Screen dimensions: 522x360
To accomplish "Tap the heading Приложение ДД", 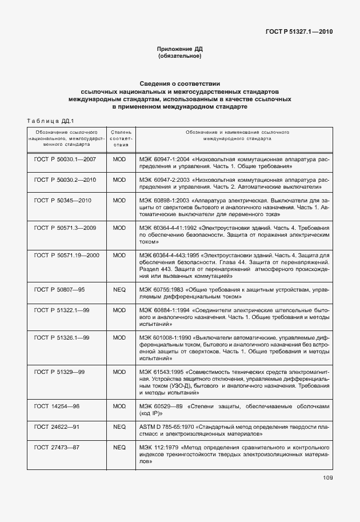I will (180, 49).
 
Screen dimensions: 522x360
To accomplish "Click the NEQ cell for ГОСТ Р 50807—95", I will (119, 290).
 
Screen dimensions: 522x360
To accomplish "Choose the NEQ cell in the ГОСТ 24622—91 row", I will (119, 426).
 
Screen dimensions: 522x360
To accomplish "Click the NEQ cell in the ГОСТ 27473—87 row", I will (119, 447).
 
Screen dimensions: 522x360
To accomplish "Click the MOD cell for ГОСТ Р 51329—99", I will (119, 372).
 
